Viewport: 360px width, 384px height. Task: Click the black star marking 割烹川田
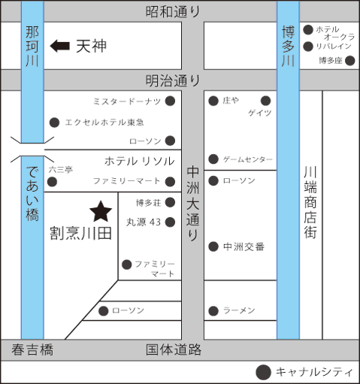(x=101, y=212)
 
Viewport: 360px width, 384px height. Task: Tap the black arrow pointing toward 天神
(x=60, y=46)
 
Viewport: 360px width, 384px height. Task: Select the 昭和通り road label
(x=173, y=12)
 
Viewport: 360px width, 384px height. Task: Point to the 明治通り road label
(x=173, y=81)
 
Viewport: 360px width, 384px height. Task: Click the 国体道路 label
(x=174, y=349)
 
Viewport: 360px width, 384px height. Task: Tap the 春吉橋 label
(x=32, y=349)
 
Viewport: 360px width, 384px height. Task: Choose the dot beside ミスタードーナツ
(x=170, y=101)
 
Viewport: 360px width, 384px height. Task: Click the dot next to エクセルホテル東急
(x=54, y=122)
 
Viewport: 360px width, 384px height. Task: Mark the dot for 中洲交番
(x=213, y=246)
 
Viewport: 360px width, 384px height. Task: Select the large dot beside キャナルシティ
(x=263, y=372)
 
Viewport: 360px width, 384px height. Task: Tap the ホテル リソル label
(x=140, y=161)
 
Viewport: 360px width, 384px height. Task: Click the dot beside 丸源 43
(x=170, y=222)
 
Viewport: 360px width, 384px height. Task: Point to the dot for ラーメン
(x=213, y=311)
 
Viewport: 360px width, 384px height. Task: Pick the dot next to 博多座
(x=350, y=61)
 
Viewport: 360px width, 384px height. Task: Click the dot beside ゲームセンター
(x=213, y=159)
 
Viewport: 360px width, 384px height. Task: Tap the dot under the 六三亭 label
(x=52, y=182)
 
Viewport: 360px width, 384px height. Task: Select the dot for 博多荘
(x=170, y=202)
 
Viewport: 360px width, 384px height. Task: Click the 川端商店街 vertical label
(x=310, y=202)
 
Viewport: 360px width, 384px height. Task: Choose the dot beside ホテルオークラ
(x=308, y=30)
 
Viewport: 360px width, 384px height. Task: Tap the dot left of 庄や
(x=213, y=101)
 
